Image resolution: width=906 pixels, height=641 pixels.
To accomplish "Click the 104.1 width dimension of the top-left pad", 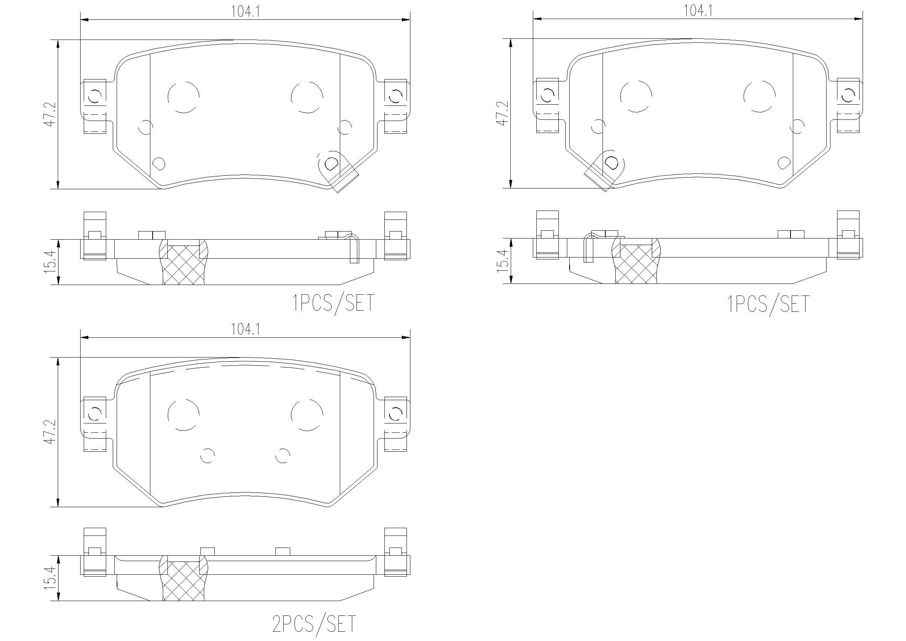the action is [x=245, y=12].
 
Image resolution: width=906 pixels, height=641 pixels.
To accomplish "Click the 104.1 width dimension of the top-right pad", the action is [x=698, y=10].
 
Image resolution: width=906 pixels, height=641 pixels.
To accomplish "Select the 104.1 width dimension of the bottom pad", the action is [x=245, y=329].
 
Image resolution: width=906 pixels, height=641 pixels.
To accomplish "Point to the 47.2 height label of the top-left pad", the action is [x=50, y=114].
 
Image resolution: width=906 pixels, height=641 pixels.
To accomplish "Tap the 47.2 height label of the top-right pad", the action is [x=503, y=113].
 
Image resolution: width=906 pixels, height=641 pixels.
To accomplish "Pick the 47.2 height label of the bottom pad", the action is [x=50, y=432].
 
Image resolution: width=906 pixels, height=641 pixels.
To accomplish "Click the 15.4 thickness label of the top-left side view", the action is [x=50, y=261].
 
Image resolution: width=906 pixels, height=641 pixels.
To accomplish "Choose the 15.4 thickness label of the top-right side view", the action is [x=503, y=261].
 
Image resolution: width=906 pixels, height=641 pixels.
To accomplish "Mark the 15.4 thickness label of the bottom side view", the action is [x=50, y=577].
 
